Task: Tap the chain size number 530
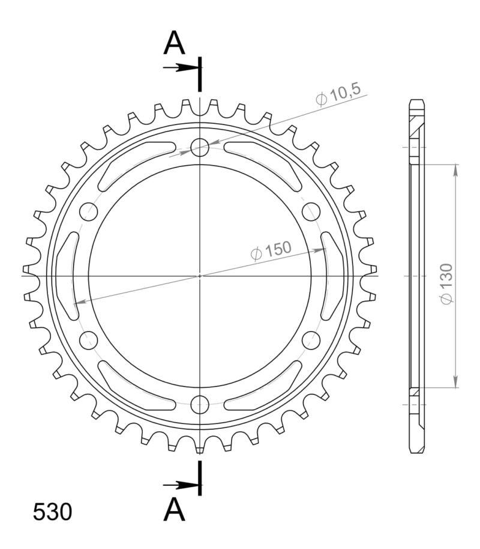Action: [52, 512]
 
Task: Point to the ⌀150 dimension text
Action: [271, 250]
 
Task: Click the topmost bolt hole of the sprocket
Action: [200, 147]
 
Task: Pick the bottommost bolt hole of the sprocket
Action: [200, 404]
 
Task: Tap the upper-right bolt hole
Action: [311, 211]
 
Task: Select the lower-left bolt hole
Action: [89, 339]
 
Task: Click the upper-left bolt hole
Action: [89, 211]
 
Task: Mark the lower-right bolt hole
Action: [311, 339]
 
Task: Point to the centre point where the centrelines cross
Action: [200, 275]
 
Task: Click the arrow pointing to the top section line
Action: [180, 67]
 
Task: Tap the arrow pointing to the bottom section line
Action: [180, 484]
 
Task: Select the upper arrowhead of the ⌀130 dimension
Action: [456, 171]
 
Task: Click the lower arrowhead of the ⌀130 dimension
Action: [456, 381]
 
